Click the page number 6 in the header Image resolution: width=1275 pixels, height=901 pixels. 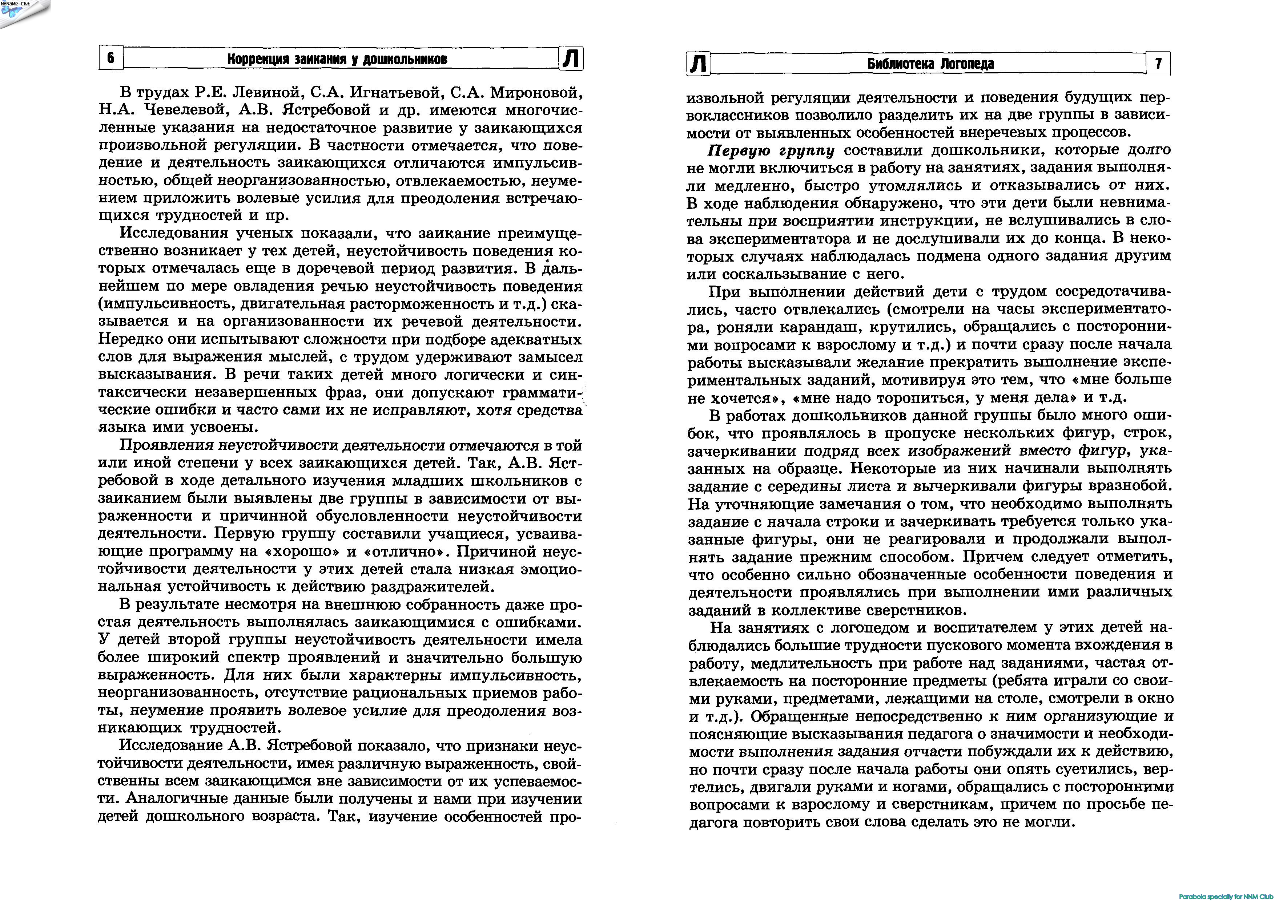coord(110,58)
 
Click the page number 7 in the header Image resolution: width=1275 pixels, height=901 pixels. coord(1158,63)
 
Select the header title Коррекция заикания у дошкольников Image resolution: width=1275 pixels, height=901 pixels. coord(337,59)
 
